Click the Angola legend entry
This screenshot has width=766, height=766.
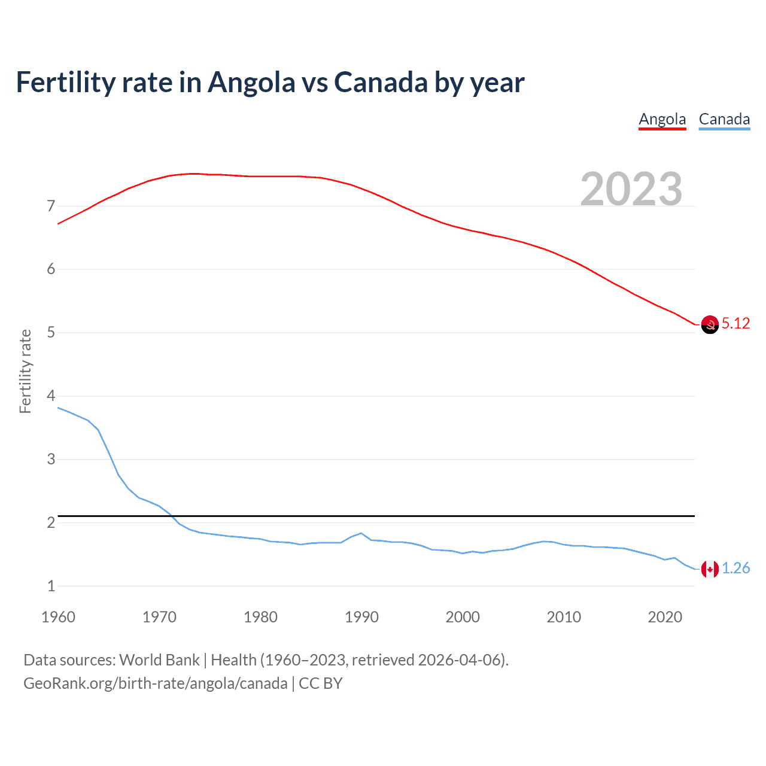[x=662, y=119]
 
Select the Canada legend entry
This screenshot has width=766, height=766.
[x=724, y=119]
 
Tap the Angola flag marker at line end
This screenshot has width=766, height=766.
[x=710, y=324]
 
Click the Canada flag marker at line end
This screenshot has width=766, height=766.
[x=710, y=569]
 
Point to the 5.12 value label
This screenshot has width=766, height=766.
[x=735, y=324]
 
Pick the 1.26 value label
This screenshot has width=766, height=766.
[x=735, y=569]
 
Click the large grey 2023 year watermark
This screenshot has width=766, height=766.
[x=631, y=189]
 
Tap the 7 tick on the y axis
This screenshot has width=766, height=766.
[x=51, y=206]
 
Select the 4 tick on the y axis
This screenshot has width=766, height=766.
[x=51, y=396]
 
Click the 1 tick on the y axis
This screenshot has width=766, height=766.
[x=51, y=586]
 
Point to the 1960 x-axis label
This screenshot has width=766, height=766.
[x=58, y=617]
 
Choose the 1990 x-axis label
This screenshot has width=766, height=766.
[x=361, y=617]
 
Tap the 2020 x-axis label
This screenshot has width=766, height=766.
[x=665, y=617]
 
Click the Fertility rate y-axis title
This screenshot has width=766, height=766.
[x=25, y=371]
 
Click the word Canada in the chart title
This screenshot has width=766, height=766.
[x=380, y=82]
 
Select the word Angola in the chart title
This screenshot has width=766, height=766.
[x=251, y=82]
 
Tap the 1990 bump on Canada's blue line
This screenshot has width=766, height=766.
[x=361, y=533]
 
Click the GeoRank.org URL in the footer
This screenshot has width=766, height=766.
[x=156, y=683]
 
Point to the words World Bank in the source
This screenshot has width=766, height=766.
[x=159, y=660]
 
